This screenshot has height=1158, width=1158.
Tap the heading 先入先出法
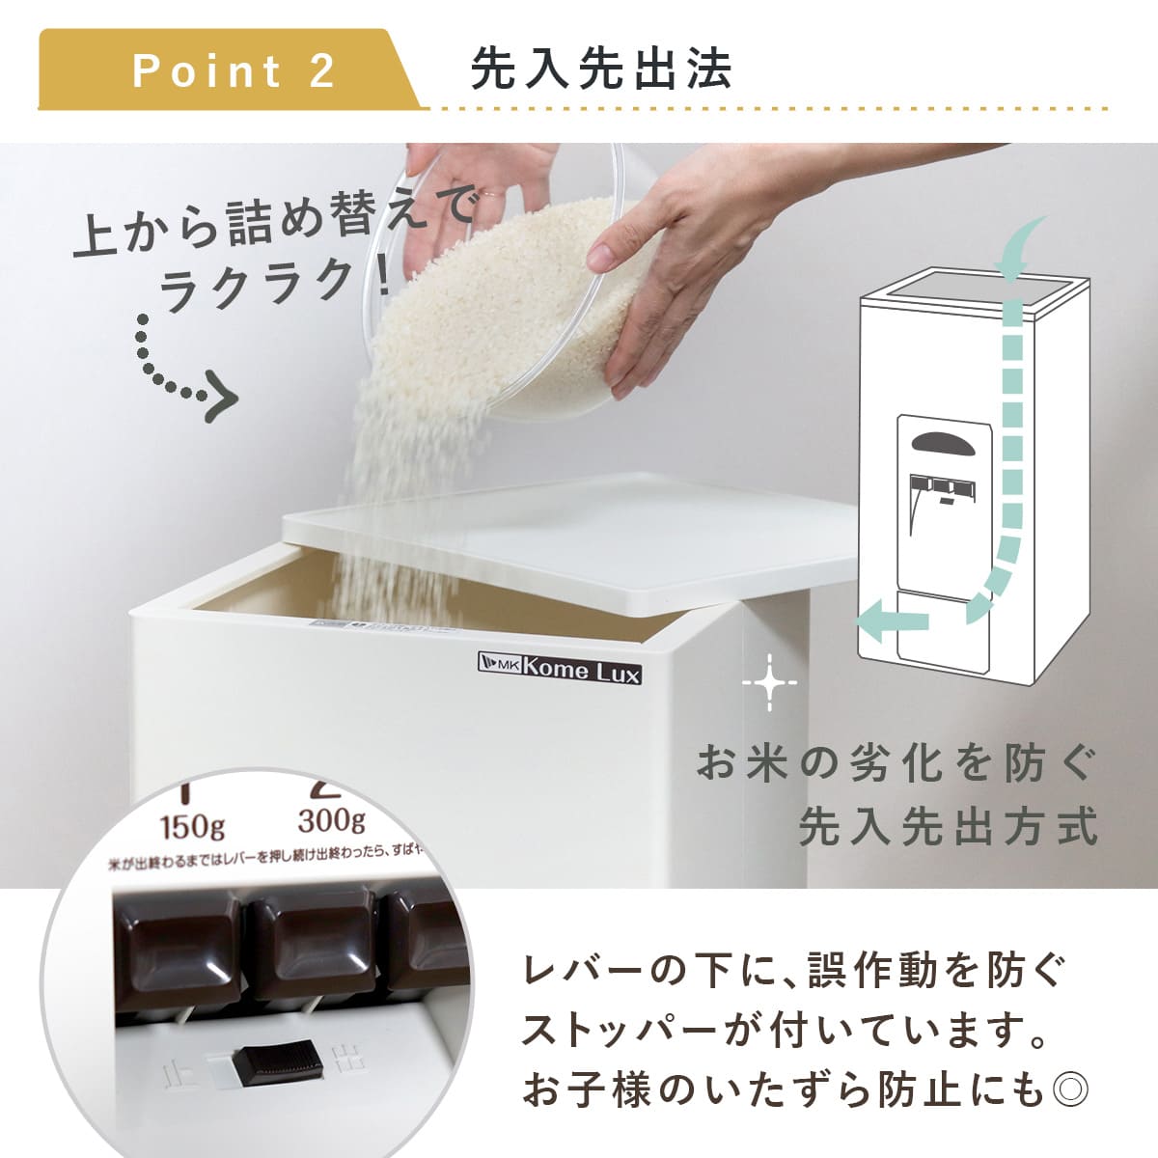click(600, 69)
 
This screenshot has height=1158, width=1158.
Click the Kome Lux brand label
click(560, 670)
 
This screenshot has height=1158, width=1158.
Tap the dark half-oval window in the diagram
click(944, 442)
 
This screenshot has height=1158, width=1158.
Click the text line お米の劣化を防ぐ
click(897, 765)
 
